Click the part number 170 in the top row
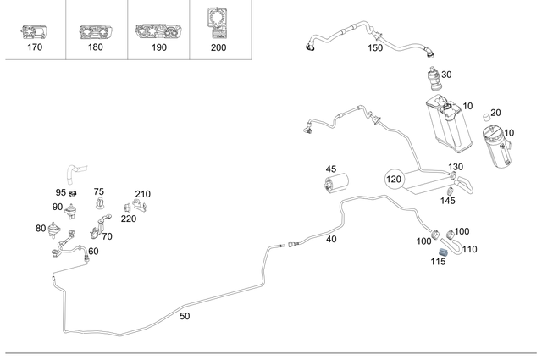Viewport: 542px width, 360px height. (34, 49)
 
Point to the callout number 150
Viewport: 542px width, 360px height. (375, 48)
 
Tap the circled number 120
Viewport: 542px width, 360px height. (395, 180)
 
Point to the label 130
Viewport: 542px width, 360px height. (456, 167)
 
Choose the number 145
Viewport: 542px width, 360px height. (448, 201)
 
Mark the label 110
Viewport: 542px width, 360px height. (470, 249)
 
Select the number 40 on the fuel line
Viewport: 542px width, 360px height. (331, 240)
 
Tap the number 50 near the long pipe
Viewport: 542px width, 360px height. (185, 316)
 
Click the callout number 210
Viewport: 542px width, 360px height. (142, 194)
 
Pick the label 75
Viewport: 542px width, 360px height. (99, 192)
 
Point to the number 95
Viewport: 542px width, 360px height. (61, 192)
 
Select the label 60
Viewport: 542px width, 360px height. (93, 251)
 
